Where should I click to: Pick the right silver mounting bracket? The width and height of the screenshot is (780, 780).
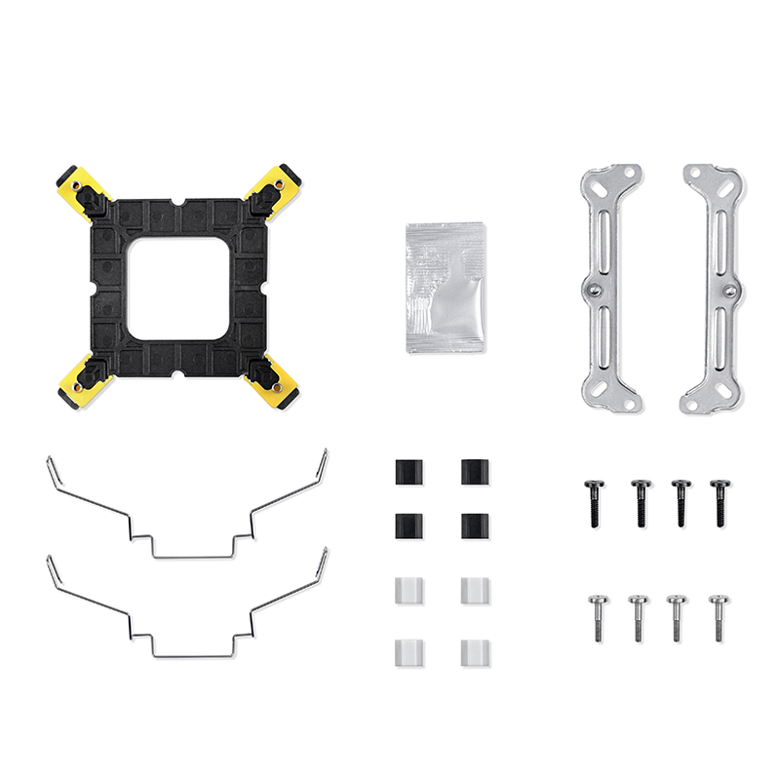[713, 288]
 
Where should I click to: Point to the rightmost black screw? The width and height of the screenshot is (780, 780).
[720, 502]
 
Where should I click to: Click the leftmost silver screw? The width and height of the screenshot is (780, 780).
[597, 617]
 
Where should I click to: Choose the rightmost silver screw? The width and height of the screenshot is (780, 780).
[719, 617]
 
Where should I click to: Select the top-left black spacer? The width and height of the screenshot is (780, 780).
[409, 472]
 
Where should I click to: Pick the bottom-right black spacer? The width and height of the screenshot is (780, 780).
[475, 527]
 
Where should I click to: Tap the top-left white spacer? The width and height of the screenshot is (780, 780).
[409, 590]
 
